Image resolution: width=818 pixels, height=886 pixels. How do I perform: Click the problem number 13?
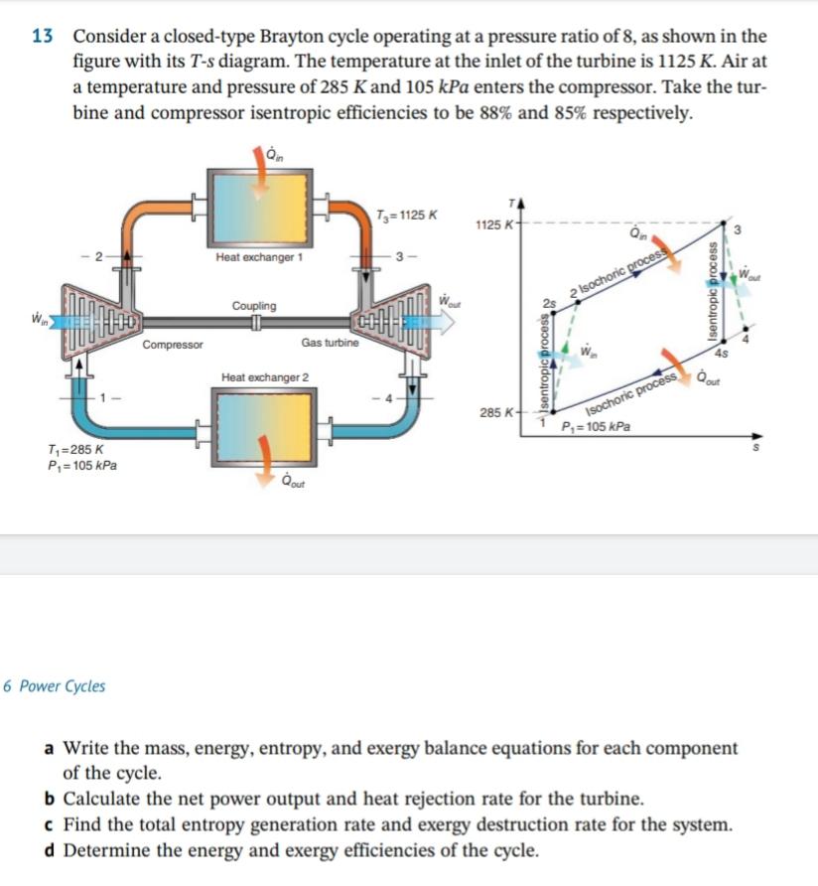tap(42, 37)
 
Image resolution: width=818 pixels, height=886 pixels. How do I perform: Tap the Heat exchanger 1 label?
tap(259, 257)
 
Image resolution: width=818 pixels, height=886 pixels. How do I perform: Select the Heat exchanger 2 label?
tap(265, 378)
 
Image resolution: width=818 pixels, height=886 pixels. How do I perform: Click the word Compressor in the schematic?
tap(173, 346)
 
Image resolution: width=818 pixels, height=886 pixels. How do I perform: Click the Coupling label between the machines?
tap(254, 306)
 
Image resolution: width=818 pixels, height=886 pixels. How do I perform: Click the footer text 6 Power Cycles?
tap(55, 686)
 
